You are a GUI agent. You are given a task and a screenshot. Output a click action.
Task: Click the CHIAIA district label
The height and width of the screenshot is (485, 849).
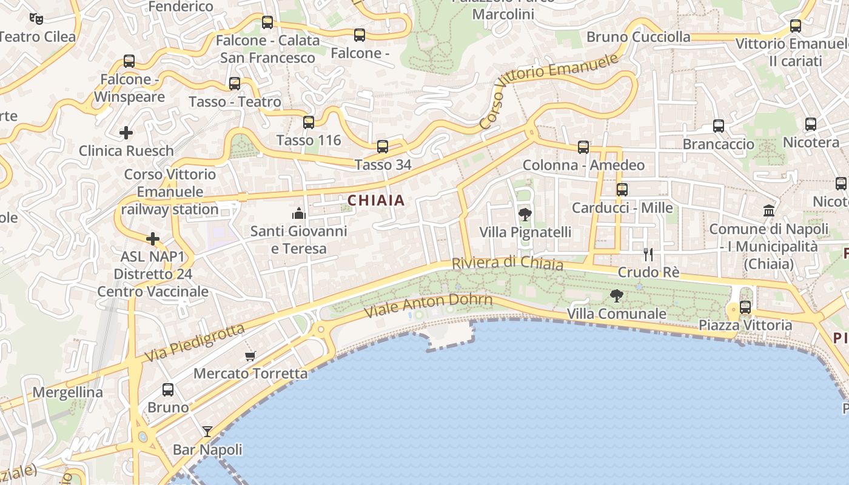376,200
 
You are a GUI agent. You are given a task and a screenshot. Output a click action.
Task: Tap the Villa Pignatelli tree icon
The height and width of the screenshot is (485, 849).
525,214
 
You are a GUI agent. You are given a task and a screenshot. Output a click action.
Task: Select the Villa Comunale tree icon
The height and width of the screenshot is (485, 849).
617,296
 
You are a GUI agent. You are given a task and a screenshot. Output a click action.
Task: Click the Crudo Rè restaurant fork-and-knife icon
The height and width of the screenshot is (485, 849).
648,255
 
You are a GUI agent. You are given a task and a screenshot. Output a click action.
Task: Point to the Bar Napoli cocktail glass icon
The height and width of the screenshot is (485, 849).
207,432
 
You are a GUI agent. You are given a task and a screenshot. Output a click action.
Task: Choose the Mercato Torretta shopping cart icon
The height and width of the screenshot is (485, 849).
250,356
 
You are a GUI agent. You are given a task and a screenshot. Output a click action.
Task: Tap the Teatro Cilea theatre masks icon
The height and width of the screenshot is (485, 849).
36,19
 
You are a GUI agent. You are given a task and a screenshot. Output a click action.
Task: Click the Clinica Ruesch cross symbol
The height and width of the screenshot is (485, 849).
126,132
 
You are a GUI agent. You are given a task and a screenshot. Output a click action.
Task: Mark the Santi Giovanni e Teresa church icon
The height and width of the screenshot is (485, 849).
298,213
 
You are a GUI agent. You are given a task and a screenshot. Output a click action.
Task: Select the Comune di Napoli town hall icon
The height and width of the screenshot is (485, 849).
769,211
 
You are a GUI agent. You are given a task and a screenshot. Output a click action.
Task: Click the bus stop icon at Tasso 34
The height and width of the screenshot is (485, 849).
383,147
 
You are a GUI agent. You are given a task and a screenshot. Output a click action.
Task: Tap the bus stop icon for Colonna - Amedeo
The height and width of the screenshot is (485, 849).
583,147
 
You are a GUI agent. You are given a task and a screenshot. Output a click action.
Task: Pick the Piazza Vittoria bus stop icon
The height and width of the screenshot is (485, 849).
745,307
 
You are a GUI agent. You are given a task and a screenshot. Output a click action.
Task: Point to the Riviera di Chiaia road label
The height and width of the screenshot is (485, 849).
508,263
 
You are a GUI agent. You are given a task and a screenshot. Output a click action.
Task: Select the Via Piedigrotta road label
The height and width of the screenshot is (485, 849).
195,343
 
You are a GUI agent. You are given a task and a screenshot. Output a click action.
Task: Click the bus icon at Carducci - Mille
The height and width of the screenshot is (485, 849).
622,190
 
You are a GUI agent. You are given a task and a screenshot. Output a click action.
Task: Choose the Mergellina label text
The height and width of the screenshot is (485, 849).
68,392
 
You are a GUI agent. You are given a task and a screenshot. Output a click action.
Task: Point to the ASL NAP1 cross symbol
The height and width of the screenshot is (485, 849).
153,239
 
